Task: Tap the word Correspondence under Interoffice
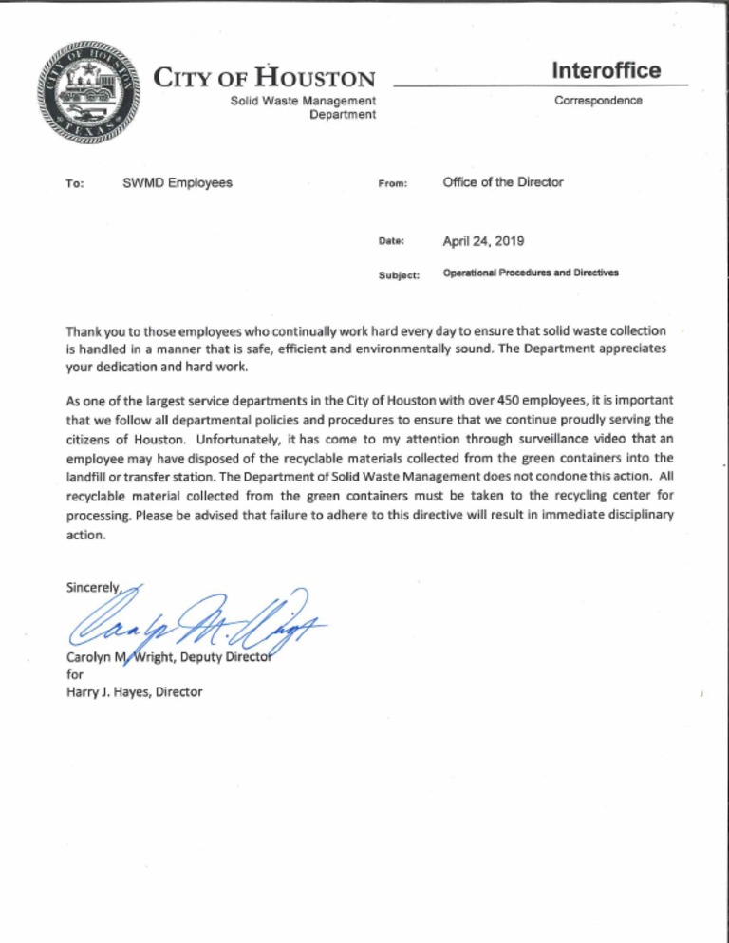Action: coord(597,100)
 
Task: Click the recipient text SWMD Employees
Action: coord(178,182)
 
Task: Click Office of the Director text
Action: coord(502,182)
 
